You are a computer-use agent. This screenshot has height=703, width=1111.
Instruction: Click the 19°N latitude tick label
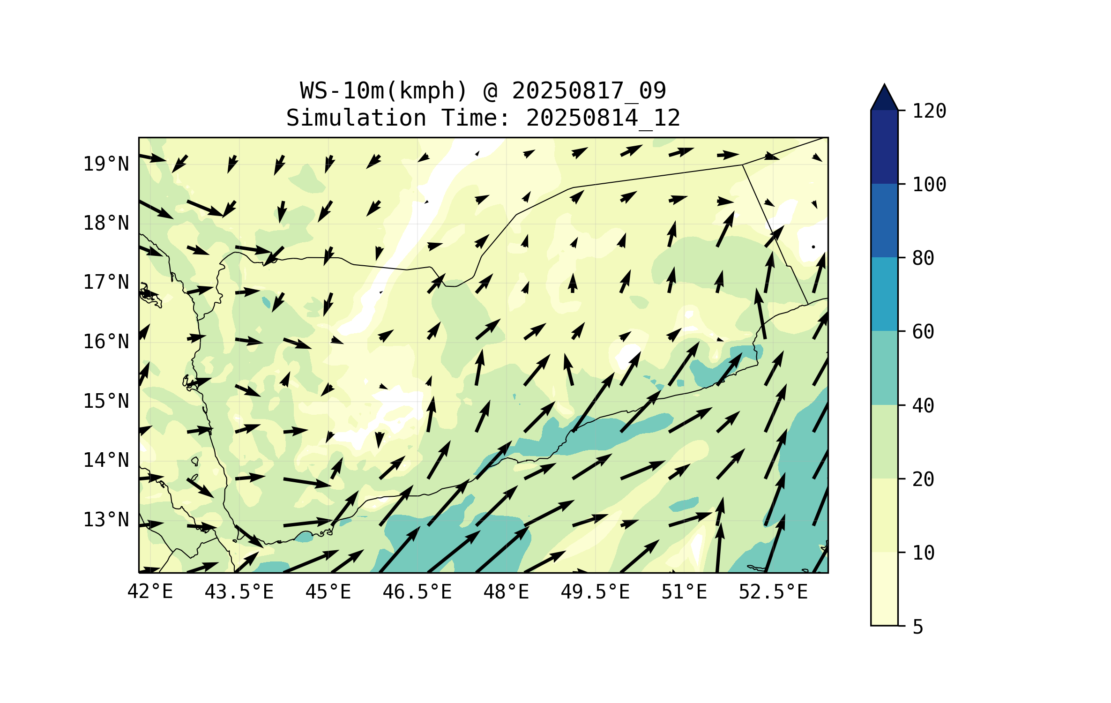coord(106,164)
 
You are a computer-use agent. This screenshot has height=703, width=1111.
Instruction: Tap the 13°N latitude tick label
coord(106,520)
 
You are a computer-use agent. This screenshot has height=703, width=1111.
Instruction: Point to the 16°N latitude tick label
coord(106,342)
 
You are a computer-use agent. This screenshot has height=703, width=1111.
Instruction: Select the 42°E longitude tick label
coord(150,592)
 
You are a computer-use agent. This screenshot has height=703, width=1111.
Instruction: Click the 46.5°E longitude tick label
coord(417,592)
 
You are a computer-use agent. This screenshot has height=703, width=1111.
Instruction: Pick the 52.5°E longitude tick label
coord(773,592)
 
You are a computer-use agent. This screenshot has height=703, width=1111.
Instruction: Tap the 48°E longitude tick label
coord(506,592)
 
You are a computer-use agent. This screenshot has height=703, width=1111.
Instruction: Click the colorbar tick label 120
coord(929,111)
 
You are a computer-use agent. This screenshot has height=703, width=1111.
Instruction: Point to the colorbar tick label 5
coord(918,627)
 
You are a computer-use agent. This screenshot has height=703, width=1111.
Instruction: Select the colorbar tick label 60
coord(923,332)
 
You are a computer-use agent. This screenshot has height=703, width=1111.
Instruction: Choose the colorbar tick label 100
coord(929,185)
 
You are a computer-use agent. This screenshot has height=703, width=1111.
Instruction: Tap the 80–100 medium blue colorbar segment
coord(884,220)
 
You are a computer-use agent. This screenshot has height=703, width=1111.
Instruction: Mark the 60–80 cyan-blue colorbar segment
coord(884,294)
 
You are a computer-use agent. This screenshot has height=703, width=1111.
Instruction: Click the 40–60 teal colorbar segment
coord(884,367)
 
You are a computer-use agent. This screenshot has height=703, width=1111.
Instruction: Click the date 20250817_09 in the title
coord(589,90)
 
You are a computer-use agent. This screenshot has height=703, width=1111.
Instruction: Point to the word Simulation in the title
coord(356,118)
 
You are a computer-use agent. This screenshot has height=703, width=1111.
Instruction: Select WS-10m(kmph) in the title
coord(384,90)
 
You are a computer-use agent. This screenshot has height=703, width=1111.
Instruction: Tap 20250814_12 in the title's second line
coord(603,118)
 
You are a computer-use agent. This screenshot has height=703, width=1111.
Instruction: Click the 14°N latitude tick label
coord(106,460)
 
